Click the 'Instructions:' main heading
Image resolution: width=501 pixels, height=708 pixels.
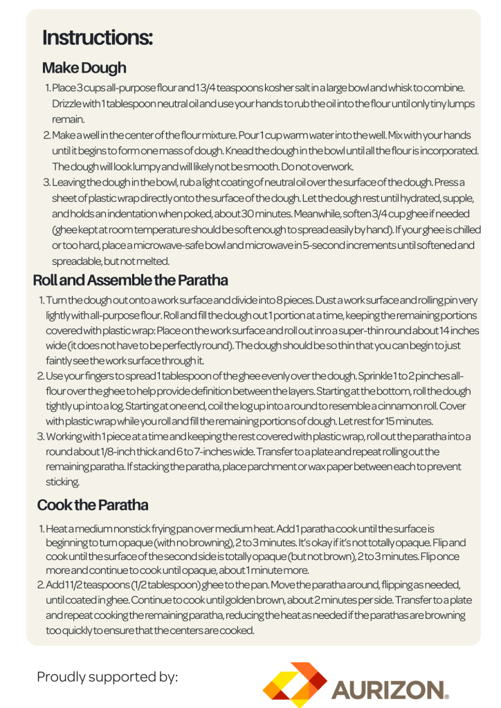(98, 37)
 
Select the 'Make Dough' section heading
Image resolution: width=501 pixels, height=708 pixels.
(84, 68)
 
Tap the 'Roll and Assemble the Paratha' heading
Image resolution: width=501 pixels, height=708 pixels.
(130, 281)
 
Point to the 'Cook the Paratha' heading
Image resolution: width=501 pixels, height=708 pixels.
(92, 505)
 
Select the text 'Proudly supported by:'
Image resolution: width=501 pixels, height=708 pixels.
(107, 676)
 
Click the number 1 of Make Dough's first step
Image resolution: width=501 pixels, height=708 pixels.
(47, 88)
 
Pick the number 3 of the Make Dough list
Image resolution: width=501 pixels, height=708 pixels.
(46, 182)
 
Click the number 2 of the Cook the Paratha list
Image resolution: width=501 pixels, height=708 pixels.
(40, 585)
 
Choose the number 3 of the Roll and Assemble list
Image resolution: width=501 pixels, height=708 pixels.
(41, 436)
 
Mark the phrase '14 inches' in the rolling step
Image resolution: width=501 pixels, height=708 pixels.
(455, 330)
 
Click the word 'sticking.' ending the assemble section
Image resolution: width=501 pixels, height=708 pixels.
(63, 482)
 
